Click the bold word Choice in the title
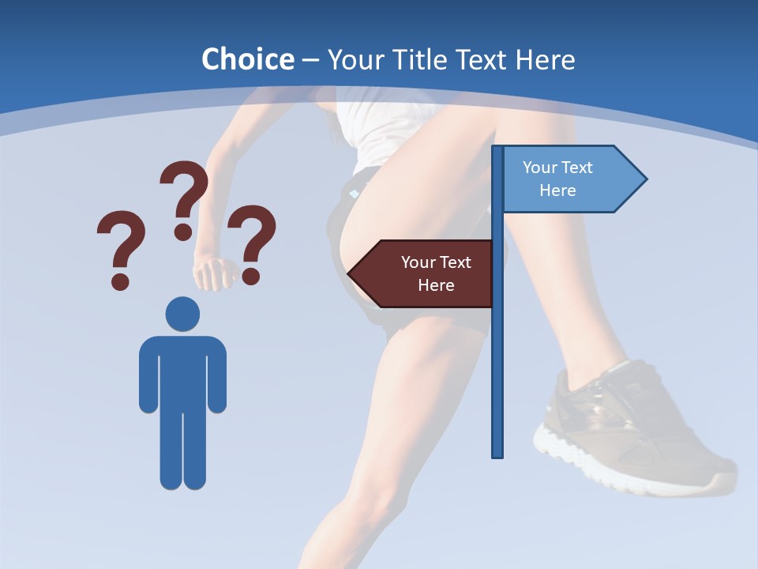[247, 59]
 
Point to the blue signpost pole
[497, 371]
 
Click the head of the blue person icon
[182, 314]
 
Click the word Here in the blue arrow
[557, 190]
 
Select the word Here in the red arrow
[436, 285]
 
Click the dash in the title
[310, 59]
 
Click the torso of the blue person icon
[182, 371]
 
